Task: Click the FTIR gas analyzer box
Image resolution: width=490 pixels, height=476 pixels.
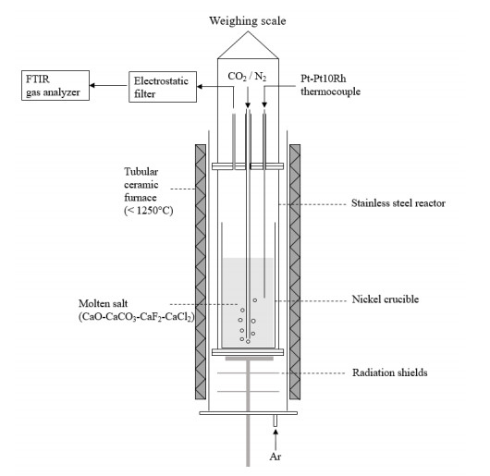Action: pyautogui.click(x=55, y=85)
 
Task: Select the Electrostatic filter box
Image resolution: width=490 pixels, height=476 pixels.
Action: pyautogui.click(x=163, y=87)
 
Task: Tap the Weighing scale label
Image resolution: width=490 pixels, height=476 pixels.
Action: pyautogui.click(x=248, y=21)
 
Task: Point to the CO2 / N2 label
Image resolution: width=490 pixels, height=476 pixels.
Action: pyautogui.click(x=247, y=76)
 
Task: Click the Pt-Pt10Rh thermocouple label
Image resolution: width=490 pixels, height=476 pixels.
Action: pyautogui.click(x=330, y=85)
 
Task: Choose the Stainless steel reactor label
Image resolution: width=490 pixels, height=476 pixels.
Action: pyautogui.click(x=398, y=203)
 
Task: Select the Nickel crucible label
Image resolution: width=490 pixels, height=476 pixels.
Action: pyautogui.click(x=386, y=299)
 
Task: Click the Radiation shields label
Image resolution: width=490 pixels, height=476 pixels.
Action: pyautogui.click(x=389, y=372)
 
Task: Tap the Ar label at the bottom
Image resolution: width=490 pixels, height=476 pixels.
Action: pyautogui.click(x=275, y=457)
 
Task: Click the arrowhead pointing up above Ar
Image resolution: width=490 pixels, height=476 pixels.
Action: pyautogui.click(x=276, y=432)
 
